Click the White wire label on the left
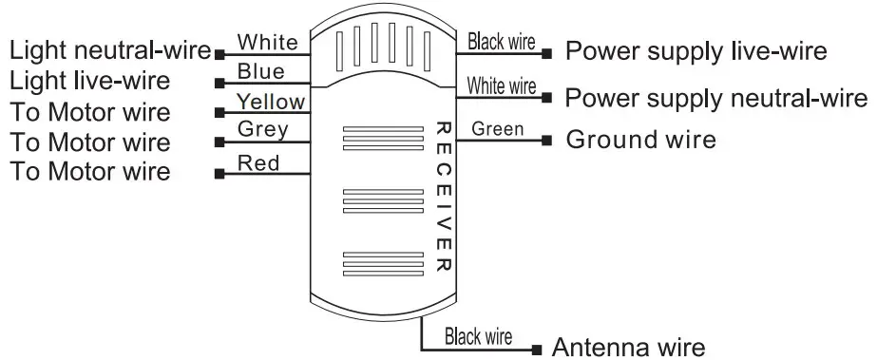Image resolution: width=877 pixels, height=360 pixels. (x=267, y=43)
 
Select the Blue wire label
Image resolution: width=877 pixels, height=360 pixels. (x=260, y=72)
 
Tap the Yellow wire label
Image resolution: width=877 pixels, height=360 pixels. (x=271, y=102)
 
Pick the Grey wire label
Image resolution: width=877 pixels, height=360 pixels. (x=262, y=129)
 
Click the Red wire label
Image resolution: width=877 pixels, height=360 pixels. (x=258, y=163)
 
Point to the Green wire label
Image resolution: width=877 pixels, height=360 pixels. (x=497, y=128)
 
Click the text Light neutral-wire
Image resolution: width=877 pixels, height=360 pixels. (x=110, y=49)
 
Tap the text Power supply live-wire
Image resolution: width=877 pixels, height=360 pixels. (x=696, y=50)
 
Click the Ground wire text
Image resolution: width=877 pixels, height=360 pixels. (x=640, y=141)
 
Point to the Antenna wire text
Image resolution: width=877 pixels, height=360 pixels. (x=629, y=347)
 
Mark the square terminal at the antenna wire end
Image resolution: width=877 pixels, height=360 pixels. (x=537, y=349)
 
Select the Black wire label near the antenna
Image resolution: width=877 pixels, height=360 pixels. (x=478, y=336)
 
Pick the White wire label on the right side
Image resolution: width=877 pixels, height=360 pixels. (x=501, y=86)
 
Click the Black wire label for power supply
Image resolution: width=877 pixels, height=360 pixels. (x=501, y=42)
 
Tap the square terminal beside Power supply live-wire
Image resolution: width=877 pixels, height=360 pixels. (x=548, y=51)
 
